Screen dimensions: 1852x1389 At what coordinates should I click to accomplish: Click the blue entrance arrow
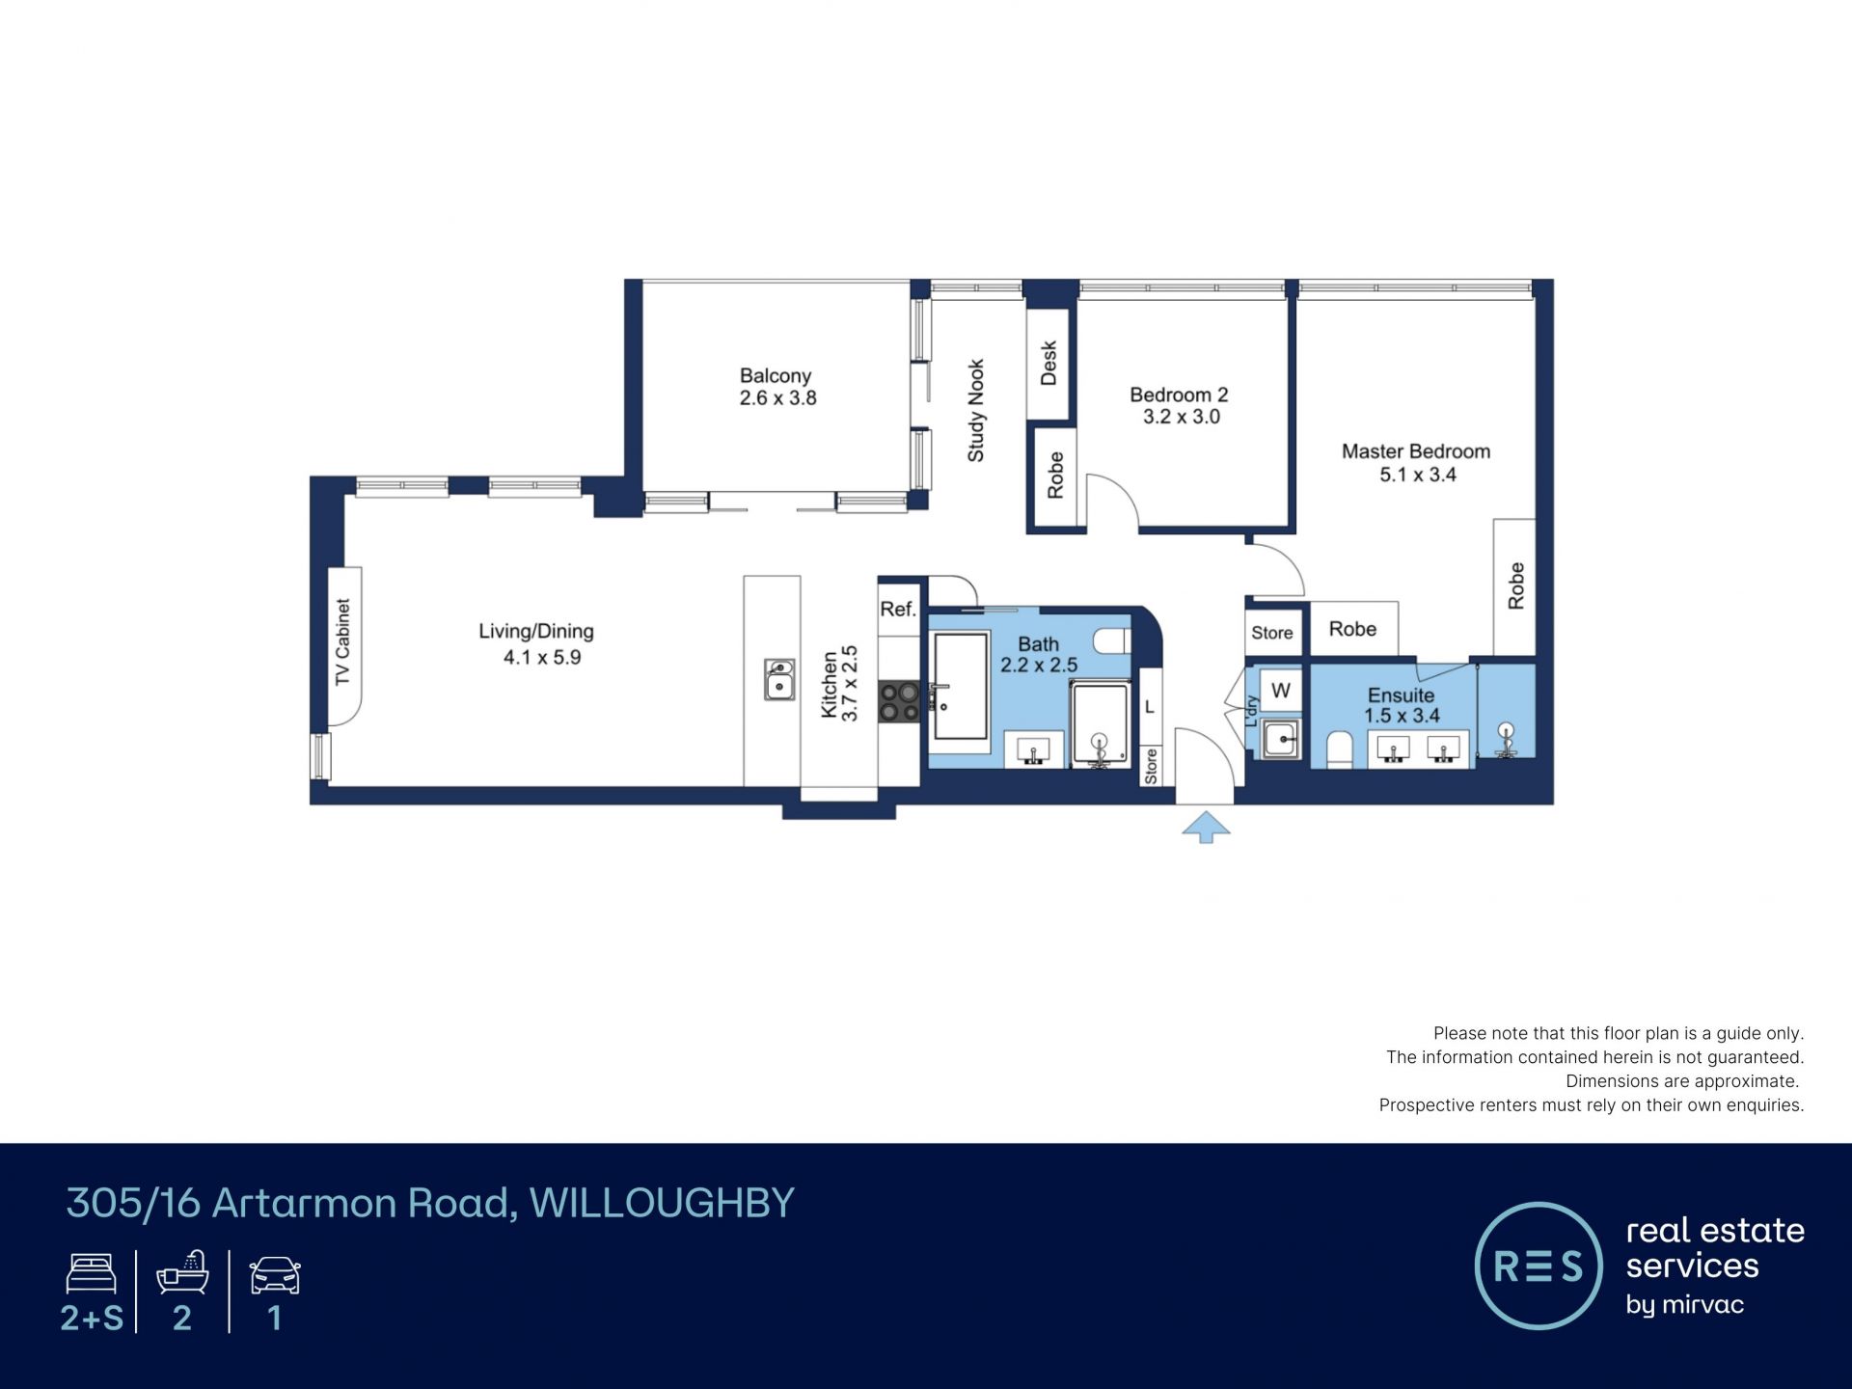1206,827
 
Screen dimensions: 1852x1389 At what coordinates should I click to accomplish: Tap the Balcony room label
776,375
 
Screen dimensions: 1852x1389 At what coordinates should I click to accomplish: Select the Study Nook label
976,411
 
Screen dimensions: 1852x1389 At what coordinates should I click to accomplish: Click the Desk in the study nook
1049,364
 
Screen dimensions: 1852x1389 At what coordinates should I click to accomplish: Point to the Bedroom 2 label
1179,395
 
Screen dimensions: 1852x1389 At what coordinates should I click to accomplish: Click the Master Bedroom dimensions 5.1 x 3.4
1418,475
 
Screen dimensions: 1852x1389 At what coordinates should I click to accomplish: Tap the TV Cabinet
344,645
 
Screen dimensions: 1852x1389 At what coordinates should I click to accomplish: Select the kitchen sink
779,679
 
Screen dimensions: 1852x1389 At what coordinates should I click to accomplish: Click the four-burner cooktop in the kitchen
899,701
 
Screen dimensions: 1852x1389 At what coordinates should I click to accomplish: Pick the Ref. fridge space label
898,609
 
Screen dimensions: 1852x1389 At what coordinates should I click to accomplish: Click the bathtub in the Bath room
961,686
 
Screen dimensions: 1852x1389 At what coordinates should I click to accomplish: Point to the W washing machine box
1281,691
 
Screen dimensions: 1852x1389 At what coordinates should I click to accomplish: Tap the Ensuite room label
1401,694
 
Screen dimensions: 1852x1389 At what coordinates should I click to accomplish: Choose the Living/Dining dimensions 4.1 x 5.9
542,658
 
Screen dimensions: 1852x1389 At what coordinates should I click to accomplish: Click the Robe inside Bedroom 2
1055,477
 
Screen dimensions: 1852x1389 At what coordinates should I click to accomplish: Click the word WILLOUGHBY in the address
662,1203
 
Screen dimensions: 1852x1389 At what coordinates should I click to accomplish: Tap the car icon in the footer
275,1275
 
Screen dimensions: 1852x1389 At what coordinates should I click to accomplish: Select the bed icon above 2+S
92,1273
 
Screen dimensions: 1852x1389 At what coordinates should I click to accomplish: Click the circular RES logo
1539,1266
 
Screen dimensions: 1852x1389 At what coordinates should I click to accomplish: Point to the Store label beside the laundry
1272,633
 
